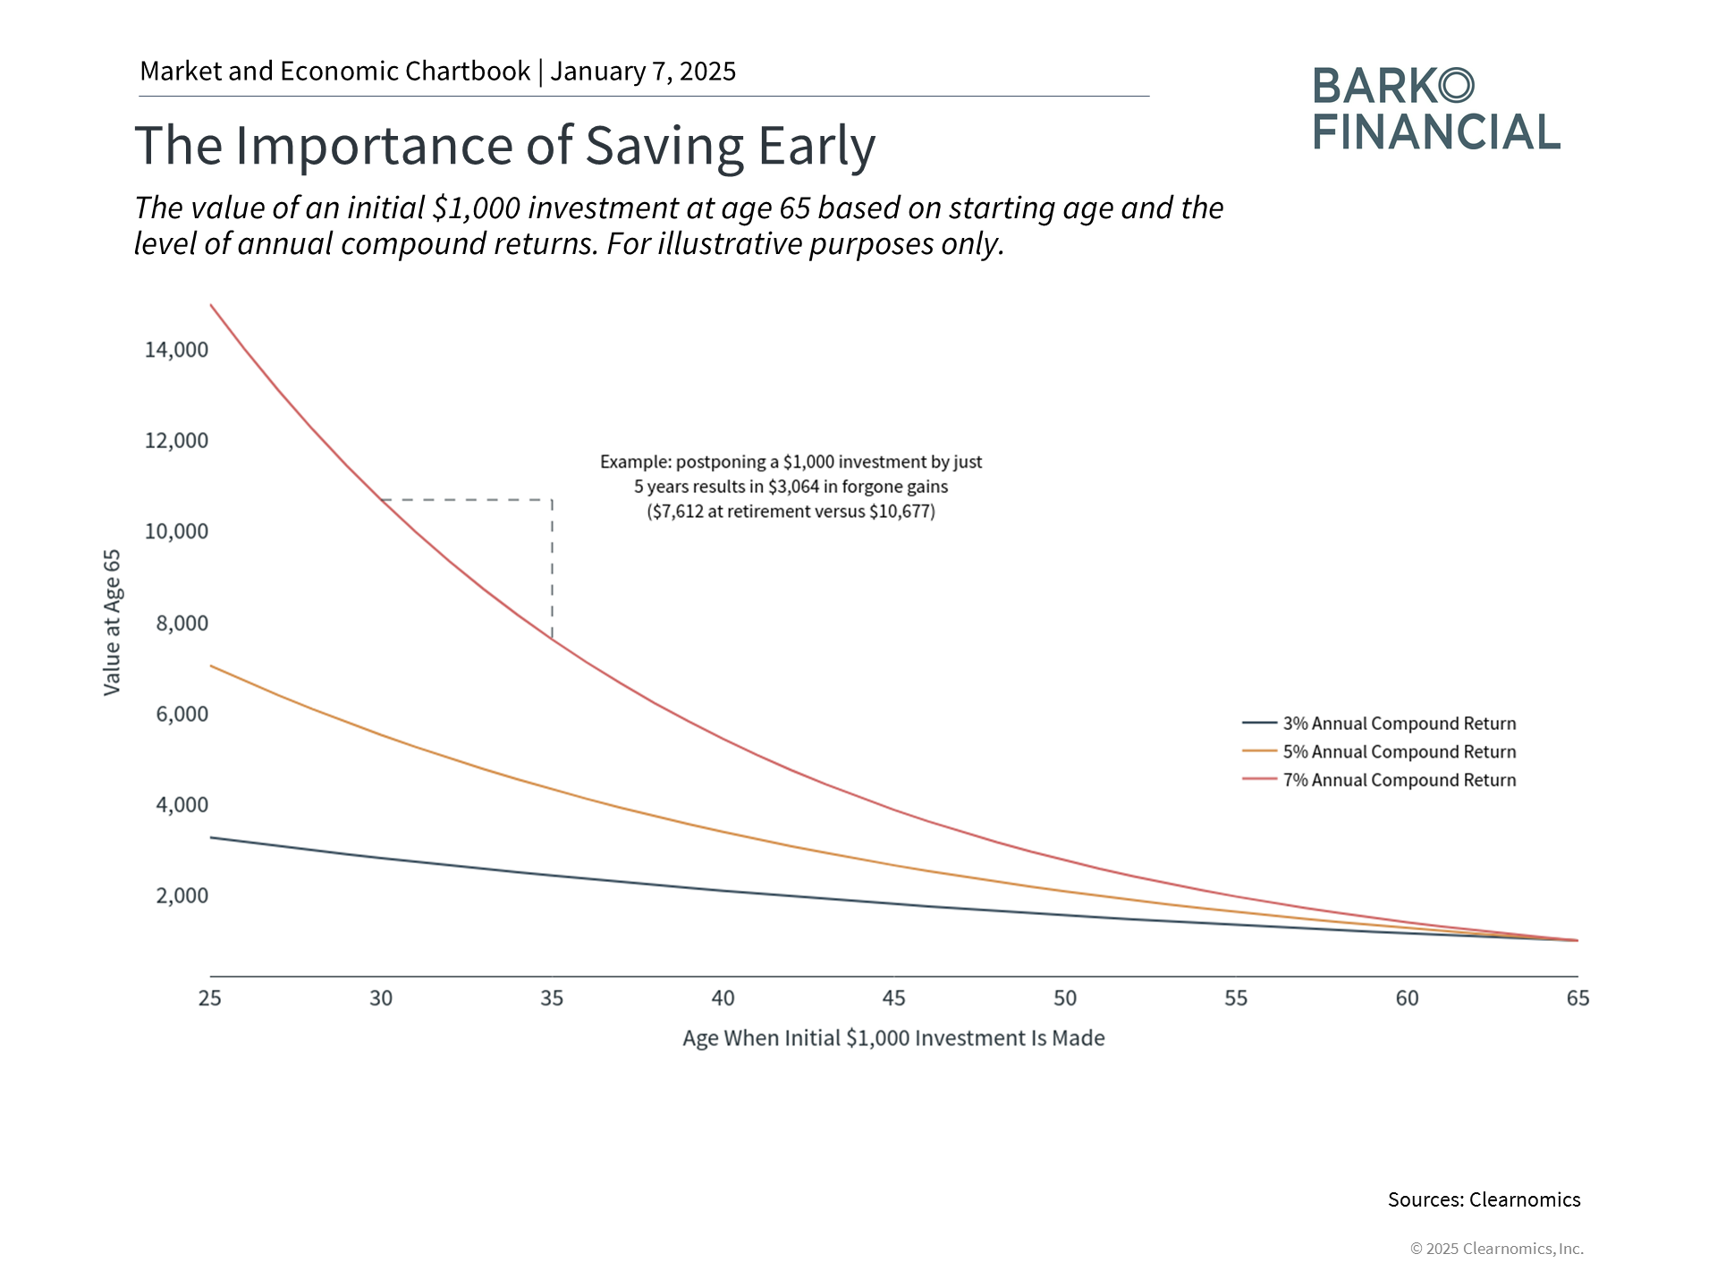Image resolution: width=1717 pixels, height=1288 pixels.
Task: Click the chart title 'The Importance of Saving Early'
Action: point(504,146)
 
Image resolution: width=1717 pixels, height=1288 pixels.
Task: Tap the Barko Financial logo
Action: point(1435,109)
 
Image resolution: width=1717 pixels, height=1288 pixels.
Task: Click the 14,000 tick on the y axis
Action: point(176,350)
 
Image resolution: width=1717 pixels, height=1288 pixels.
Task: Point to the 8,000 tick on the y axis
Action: point(182,623)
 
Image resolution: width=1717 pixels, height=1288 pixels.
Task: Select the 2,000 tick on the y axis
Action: point(182,896)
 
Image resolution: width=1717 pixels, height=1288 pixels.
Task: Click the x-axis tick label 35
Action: point(552,998)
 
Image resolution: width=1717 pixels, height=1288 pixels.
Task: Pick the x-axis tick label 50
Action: point(1065,998)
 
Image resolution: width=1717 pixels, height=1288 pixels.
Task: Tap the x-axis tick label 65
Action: point(1577,998)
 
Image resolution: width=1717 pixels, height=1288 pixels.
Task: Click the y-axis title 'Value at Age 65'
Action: point(112,623)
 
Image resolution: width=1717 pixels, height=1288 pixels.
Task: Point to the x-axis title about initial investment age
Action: point(893,1038)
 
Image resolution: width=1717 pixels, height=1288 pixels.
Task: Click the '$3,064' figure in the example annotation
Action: point(793,487)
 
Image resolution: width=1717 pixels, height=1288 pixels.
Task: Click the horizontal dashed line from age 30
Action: point(466,500)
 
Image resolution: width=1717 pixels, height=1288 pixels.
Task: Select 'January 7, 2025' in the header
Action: point(643,72)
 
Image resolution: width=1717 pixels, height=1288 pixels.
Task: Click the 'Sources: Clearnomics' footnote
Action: point(1484,1200)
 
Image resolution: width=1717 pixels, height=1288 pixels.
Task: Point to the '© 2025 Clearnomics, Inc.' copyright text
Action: point(1496,1249)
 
